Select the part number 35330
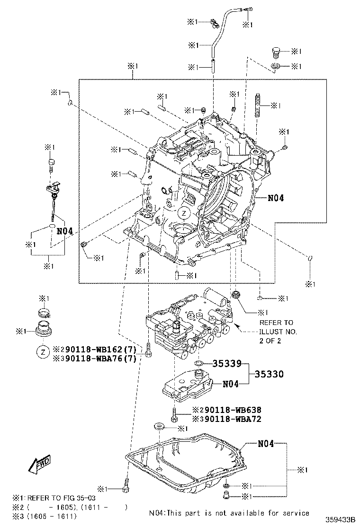[x=269, y=374]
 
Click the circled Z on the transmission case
[x=183, y=213]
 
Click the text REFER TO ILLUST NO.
[x=279, y=332]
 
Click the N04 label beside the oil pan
[x=266, y=444]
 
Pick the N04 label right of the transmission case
[x=275, y=198]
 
